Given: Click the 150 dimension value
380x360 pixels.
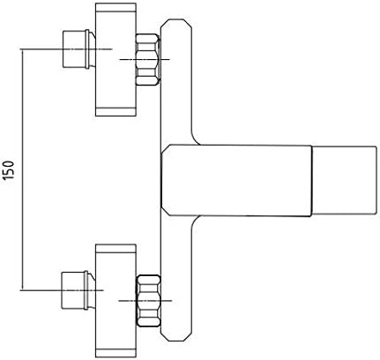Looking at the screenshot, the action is (9, 170).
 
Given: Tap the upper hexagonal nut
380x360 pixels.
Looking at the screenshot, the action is (148, 60).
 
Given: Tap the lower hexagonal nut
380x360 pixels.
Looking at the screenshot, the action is (148, 301).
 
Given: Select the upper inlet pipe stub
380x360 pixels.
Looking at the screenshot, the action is (78, 49).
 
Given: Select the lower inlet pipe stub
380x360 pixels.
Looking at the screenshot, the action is (78, 290).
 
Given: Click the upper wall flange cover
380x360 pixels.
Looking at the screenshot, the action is (115, 59).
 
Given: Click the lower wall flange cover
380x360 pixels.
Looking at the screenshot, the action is (115, 301).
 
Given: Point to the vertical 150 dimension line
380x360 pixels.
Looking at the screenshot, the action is (22, 169).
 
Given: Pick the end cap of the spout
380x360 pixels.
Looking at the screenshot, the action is (344, 180).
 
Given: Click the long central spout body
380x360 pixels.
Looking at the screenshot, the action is (236, 180).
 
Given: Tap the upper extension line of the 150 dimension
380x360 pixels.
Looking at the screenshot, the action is (66, 49).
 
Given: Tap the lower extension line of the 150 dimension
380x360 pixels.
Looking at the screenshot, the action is (62, 290).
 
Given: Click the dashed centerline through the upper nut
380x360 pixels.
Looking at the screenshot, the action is (145, 60).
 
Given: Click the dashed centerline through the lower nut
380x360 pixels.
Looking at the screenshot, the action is (145, 301).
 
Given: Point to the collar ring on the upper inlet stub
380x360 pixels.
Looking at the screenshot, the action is (87, 49).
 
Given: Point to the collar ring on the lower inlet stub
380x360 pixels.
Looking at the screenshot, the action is (86, 290).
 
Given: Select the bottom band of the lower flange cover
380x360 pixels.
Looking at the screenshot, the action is (115, 353).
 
